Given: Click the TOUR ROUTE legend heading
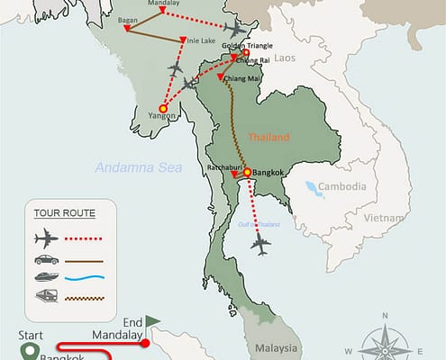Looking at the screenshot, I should click(x=62, y=213).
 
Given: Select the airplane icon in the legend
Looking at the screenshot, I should click(x=45, y=238).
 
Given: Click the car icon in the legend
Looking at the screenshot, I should click(x=45, y=261).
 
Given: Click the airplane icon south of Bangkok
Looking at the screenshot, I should click(x=261, y=243).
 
